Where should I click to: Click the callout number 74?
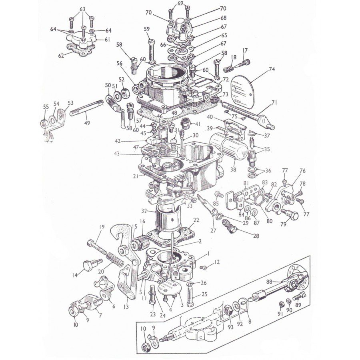point(272,69)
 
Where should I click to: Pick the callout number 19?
point(102,227)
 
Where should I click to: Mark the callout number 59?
point(147,29)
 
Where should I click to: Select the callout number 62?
point(61,56)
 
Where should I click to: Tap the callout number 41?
point(198,124)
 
